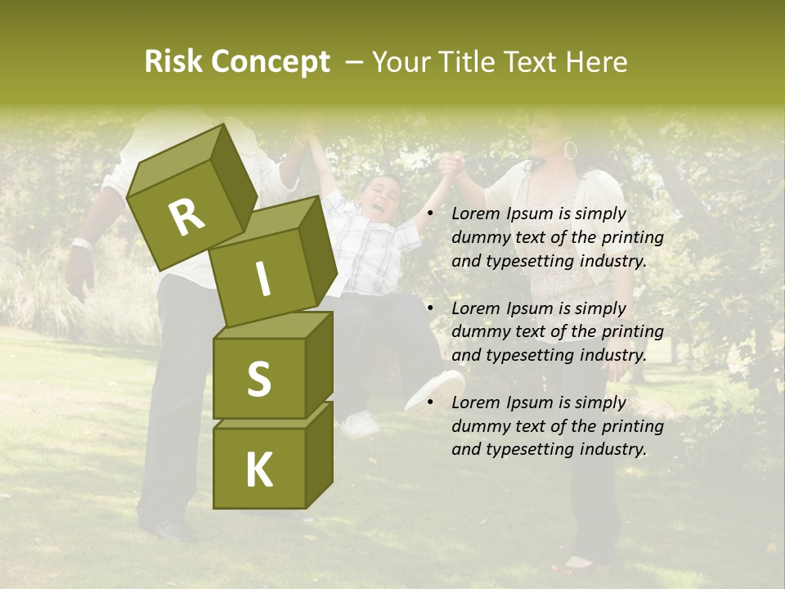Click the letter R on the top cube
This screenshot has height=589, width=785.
[186, 218]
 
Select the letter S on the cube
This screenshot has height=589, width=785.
[258, 379]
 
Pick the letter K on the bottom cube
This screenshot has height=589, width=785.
[258, 470]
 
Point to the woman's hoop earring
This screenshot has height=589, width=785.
[570, 151]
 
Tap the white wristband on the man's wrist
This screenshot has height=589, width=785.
[82, 243]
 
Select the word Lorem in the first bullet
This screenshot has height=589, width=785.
[475, 214]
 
